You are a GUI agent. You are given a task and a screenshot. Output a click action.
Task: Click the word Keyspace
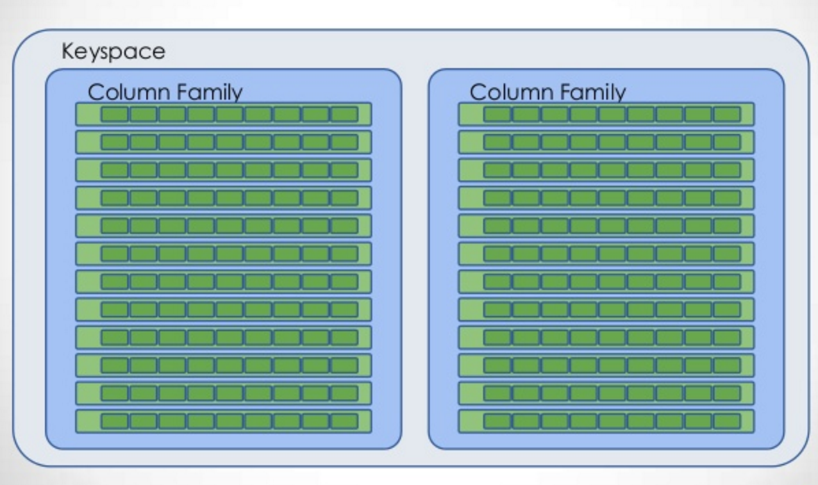click(x=113, y=52)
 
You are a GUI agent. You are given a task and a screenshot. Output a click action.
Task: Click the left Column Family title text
click(x=165, y=92)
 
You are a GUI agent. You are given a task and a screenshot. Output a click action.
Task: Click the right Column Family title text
click(x=547, y=92)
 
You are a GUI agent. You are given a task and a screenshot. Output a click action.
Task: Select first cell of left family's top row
click(x=115, y=115)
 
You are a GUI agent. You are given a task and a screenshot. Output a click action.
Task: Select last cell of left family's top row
click(x=344, y=115)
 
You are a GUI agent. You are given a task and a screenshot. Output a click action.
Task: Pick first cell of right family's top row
click(x=497, y=115)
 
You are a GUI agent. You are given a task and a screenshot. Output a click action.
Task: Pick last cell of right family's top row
click(x=727, y=115)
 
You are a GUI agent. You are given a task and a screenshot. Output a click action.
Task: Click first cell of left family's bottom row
click(x=115, y=421)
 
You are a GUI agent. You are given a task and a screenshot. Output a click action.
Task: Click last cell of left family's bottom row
click(x=344, y=421)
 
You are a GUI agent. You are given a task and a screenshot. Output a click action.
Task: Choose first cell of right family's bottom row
click(x=497, y=421)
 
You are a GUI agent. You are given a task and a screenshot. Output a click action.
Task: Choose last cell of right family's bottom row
click(x=727, y=421)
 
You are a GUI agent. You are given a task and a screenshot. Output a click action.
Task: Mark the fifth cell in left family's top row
click(x=230, y=115)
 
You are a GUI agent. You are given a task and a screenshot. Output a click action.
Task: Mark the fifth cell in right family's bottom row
click(x=612, y=421)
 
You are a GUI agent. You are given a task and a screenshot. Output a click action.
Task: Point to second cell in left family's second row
click(x=143, y=142)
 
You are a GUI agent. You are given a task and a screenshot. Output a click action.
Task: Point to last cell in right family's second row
click(x=727, y=142)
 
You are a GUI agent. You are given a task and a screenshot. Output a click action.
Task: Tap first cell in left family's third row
click(x=115, y=170)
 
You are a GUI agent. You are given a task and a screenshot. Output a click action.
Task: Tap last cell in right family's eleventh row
click(x=727, y=393)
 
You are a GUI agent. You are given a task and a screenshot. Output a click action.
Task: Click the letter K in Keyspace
click(x=68, y=51)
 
